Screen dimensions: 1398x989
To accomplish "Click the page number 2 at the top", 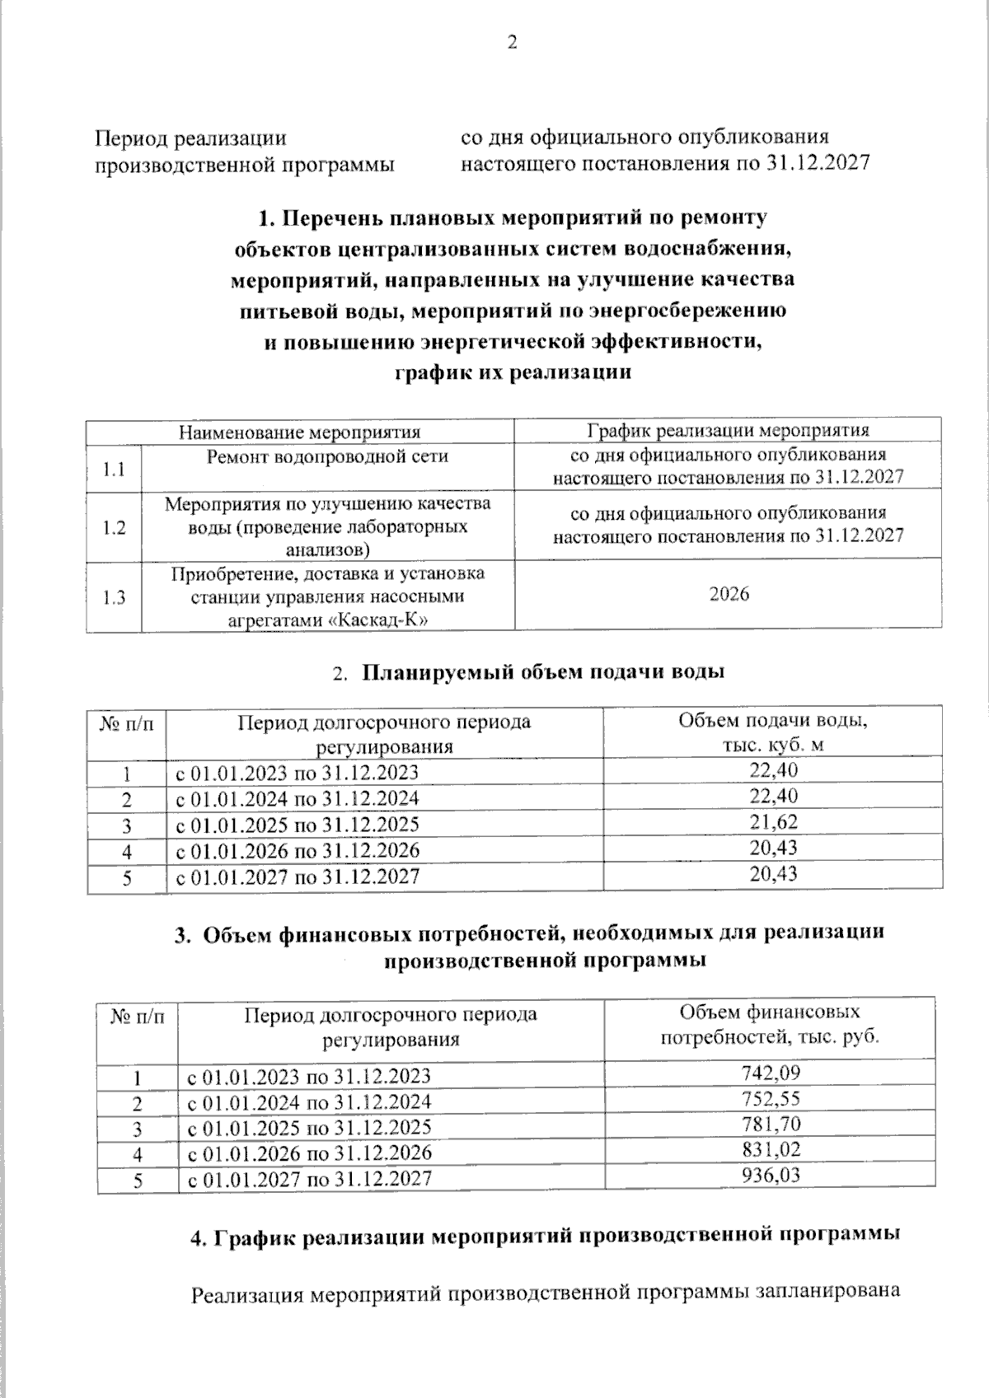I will point(512,44).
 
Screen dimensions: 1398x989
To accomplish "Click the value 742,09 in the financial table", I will point(771,1073).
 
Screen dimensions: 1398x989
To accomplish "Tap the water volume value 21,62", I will point(773,822).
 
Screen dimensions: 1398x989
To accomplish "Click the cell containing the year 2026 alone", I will point(729,595).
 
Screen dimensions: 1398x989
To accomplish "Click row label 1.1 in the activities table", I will point(114,470).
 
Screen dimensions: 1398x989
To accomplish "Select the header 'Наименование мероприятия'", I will point(300,432).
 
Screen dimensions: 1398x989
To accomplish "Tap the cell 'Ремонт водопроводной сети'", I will point(327,456).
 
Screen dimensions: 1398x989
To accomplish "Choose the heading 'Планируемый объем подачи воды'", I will point(543,671).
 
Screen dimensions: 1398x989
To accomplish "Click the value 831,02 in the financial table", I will point(771,1149).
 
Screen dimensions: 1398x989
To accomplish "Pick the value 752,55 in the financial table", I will point(771,1098).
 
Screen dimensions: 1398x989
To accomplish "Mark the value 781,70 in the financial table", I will point(771,1124).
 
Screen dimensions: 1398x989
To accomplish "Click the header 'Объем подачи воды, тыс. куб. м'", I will point(772,732).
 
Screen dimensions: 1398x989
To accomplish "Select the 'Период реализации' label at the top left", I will point(191,138).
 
